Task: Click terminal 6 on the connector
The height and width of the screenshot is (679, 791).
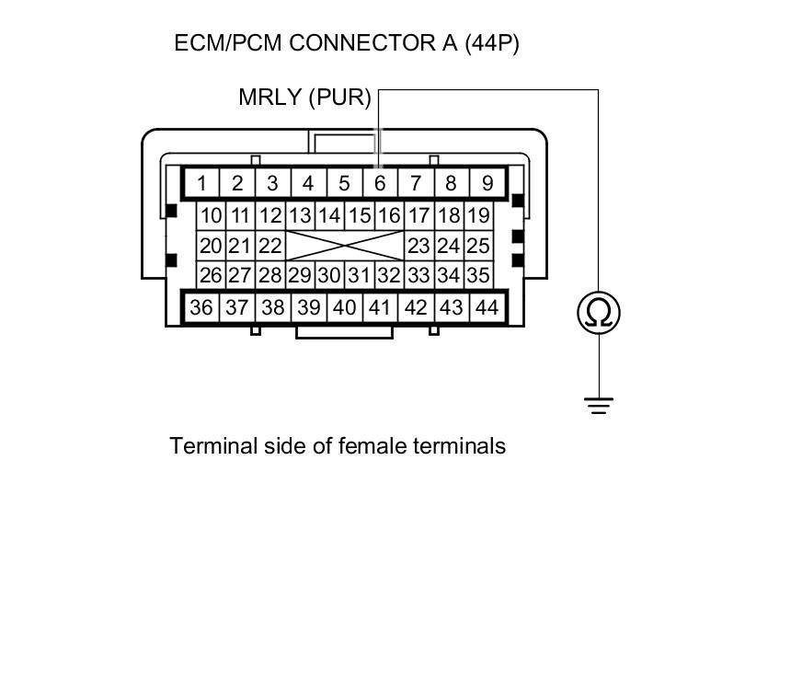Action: point(379,183)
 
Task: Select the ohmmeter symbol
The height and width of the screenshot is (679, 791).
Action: point(599,313)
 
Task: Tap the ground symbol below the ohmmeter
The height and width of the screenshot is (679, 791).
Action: point(599,405)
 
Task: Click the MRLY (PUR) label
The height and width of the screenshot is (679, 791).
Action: point(304,98)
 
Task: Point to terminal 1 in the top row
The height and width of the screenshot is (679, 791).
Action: point(201,183)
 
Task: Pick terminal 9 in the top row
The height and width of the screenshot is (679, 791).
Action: point(487,183)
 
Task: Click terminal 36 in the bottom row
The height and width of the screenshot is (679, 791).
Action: point(201,308)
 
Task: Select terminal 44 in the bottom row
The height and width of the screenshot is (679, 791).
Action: point(487,308)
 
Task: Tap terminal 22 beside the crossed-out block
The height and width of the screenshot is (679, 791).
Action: point(269,247)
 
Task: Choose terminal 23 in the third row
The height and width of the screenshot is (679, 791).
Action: point(418,247)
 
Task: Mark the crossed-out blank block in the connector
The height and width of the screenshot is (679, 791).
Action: point(344,247)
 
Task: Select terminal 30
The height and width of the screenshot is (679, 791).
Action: point(329,275)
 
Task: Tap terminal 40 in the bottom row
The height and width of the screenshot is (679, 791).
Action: point(344,308)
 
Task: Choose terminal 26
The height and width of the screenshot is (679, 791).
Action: point(212,275)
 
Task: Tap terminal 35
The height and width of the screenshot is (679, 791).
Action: point(477,275)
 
